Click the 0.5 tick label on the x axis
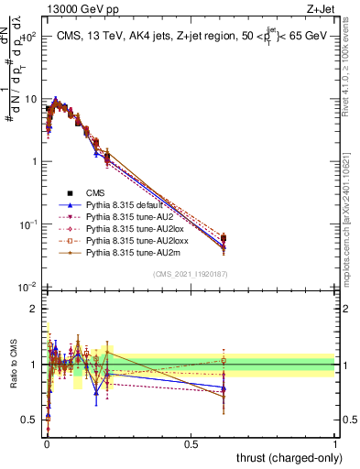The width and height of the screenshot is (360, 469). tap(191, 443)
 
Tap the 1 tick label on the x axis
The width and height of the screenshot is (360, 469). tap(334, 443)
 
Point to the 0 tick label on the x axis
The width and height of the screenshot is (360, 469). tap(47, 443)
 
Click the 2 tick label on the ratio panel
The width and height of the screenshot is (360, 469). tap(35, 309)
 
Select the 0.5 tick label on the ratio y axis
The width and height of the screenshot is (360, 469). tap(30, 420)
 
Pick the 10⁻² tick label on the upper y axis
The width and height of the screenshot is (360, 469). tap(28, 287)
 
